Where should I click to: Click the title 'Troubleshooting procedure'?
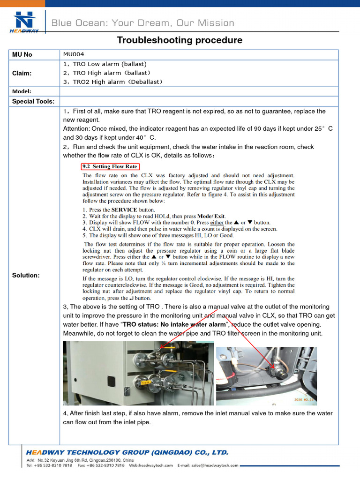180,40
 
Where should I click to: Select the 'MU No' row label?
22,54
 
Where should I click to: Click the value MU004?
74,54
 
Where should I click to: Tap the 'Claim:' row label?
22,73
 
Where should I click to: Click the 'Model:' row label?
22,91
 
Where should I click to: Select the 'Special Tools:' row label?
33,101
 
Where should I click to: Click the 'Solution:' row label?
26,275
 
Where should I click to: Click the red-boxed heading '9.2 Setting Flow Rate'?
110,166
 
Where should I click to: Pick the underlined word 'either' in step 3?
217,223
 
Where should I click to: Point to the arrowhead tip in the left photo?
161,349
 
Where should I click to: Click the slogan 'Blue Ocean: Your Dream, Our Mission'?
142,23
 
